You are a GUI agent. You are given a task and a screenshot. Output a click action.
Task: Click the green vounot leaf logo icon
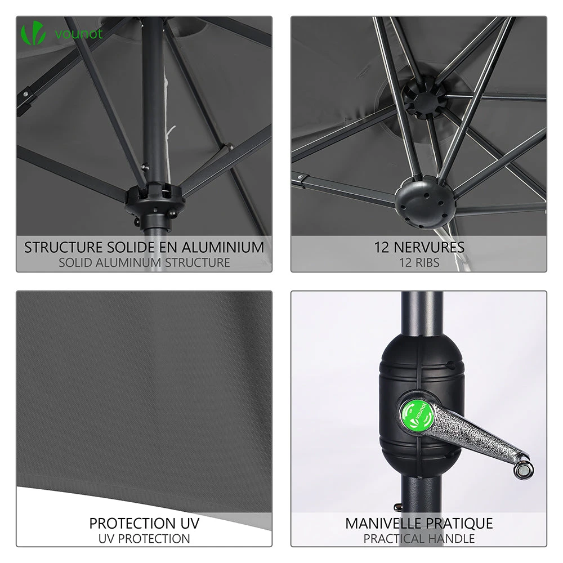33,33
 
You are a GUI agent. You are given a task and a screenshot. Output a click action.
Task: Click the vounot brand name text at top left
79,33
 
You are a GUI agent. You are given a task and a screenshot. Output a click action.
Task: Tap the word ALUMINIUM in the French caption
222,247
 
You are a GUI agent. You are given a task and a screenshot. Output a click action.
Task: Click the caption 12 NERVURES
419,247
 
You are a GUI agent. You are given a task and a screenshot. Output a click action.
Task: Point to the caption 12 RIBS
419,262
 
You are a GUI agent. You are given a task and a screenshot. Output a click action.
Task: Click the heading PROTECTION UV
144,523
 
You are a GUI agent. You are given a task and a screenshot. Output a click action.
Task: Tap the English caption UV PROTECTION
144,539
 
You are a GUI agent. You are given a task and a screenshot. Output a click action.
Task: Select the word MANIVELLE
385,523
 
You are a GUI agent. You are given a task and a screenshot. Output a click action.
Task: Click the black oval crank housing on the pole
421,404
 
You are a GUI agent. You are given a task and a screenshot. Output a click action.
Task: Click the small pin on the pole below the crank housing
398,507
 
